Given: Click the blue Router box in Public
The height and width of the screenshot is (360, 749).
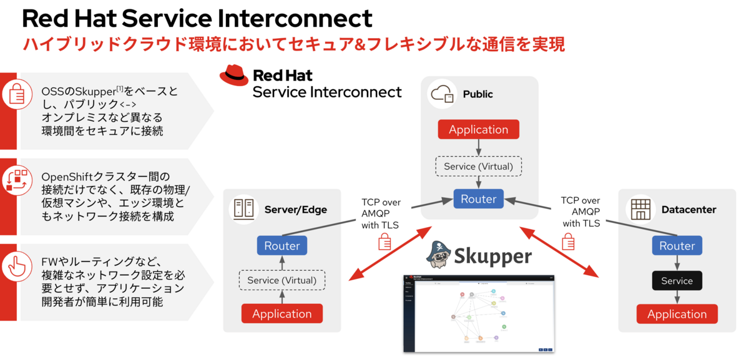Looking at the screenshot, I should (478, 199).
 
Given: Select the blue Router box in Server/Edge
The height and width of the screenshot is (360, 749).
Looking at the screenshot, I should (281, 245).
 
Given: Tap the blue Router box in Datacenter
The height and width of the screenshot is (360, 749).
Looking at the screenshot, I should (677, 245).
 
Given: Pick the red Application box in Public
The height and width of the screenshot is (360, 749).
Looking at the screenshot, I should (478, 130).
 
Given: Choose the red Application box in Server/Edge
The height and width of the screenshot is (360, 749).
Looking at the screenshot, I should (281, 314).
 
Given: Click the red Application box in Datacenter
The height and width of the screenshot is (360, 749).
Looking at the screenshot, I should (677, 314).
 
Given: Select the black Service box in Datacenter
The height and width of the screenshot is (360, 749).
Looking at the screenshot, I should (677, 280).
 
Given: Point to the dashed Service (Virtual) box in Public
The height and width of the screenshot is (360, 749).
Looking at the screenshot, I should (478, 166).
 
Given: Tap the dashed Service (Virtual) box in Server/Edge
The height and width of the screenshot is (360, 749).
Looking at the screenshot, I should (281, 280).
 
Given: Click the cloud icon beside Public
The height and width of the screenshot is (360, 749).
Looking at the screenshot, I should (441, 94).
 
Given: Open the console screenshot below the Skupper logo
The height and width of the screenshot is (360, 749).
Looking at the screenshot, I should (479, 312).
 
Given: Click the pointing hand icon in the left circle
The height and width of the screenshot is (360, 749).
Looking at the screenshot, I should (16, 265).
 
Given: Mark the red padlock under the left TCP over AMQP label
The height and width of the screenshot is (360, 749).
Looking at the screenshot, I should (385, 241).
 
